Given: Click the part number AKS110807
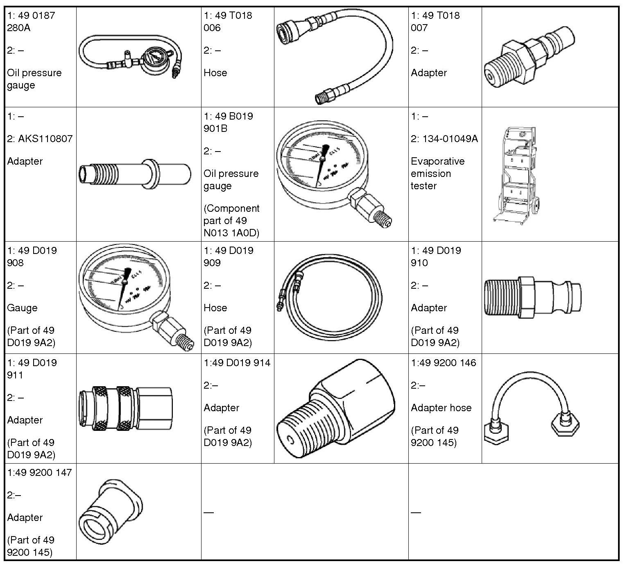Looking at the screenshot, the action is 45,139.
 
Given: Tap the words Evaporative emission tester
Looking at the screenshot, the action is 437,173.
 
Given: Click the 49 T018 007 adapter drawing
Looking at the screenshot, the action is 528,57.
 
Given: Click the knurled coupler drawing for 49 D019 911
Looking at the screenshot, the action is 126,408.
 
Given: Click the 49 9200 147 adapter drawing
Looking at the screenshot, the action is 111,512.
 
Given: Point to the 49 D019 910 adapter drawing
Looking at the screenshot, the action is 532,297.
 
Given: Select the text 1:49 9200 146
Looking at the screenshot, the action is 444,362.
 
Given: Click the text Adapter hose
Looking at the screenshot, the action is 441,408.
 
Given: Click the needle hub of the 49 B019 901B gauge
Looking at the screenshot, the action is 323,158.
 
